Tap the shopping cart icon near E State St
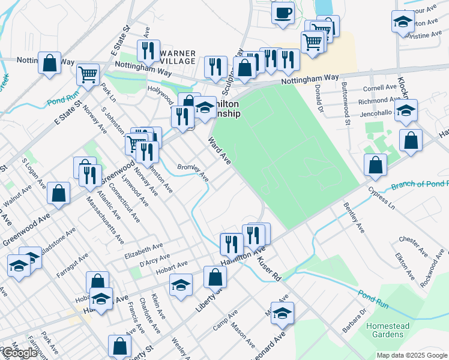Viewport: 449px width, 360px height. [88, 75]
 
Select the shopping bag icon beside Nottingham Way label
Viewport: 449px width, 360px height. [49, 62]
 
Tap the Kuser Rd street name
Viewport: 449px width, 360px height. [269, 270]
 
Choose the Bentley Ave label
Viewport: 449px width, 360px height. [354, 218]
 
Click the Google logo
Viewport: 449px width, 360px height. [19, 352]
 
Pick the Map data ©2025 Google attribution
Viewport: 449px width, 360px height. [412, 355]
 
